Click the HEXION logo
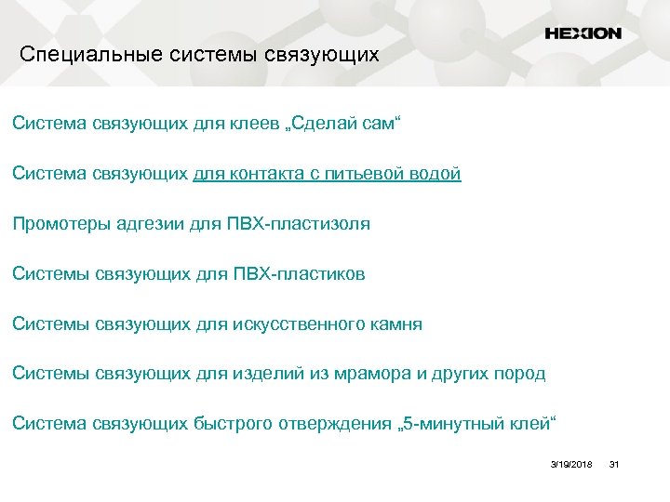[583, 33]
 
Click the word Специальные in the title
[89, 55]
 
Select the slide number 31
[613, 463]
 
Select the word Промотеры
[61, 224]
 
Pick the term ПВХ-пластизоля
[299, 224]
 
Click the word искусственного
[297, 324]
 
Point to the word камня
[396, 324]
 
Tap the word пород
[520, 375]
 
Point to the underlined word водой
[437, 174]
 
